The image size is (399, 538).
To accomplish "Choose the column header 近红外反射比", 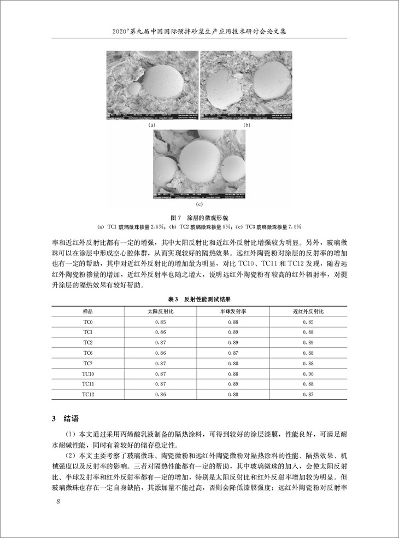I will [307, 311].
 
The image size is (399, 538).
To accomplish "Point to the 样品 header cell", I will [87, 311].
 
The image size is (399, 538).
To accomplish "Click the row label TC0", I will [87, 321].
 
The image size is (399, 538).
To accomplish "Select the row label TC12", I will [87, 394].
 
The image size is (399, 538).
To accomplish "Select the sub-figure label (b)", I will [247, 125].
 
